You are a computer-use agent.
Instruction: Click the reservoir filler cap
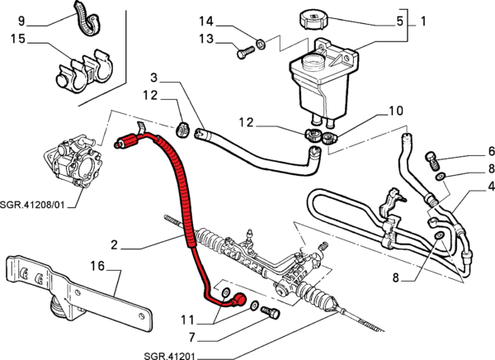pyautogui.click(x=317, y=18)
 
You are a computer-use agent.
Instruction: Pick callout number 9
pyautogui.click(x=21, y=19)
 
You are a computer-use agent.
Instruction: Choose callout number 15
pyautogui.click(x=19, y=40)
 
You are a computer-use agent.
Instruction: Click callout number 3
pyautogui.click(x=153, y=78)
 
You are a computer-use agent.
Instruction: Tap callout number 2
pyautogui.click(x=115, y=244)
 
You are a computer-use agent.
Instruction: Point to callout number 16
pyautogui.click(x=98, y=267)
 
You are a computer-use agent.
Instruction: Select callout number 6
pyautogui.click(x=468, y=151)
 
